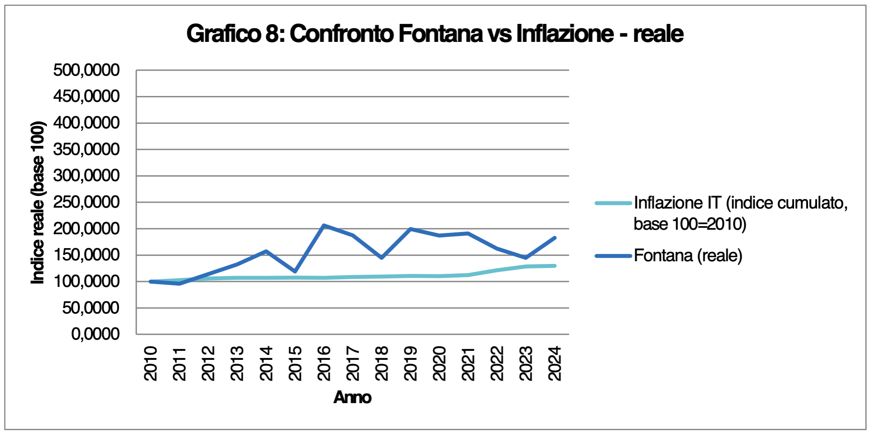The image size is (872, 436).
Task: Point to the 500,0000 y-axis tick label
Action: tap(86, 70)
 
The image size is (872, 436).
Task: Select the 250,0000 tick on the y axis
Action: tap(86, 202)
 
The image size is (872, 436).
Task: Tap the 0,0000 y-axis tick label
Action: tap(95, 334)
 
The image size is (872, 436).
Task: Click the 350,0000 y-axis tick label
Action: tap(86, 149)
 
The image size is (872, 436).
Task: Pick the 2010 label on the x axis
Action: tap(151, 363)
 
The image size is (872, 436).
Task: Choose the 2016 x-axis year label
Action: tap(324, 363)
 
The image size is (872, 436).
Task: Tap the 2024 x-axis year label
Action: tap(555, 363)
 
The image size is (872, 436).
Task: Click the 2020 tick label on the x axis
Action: tap(439, 363)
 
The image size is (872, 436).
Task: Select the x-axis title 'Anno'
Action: tap(352, 397)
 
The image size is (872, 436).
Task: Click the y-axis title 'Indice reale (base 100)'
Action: tap(38, 203)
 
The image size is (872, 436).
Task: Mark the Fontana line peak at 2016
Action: tap(324, 225)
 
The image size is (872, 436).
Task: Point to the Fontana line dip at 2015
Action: tap(295, 272)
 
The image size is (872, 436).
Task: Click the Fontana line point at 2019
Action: tap(410, 229)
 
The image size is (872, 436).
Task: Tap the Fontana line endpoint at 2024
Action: tap(555, 238)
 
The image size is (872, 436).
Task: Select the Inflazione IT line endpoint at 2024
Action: tap(555, 266)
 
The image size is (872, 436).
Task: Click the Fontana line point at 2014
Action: tap(266, 251)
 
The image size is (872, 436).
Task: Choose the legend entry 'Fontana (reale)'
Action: tap(688, 256)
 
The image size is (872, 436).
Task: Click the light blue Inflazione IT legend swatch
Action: tap(613, 203)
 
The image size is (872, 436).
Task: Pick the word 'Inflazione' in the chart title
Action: tap(565, 34)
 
